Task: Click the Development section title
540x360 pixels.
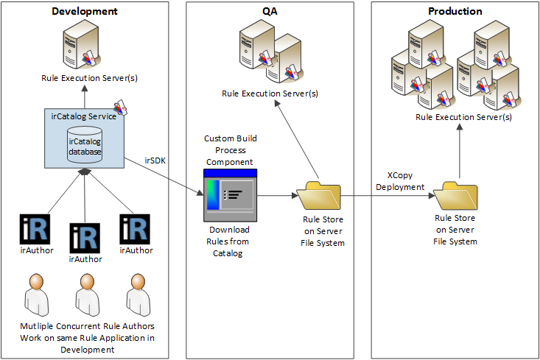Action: tap(85, 12)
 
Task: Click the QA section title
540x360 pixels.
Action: tap(270, 12)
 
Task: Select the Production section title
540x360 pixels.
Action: tap(455, 12)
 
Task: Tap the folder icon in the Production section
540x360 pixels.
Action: tap(455, 195)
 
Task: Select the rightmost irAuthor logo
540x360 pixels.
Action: tap(135, 229)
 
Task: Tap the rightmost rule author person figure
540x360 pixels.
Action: tap(135, 294)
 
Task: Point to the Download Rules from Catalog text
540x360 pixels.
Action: tap(229, 241)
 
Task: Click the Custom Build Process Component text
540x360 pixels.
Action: tap(231, 149)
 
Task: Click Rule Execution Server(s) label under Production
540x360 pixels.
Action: tap(463, 117)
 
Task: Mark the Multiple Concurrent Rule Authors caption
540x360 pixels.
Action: tap(87, 337)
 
